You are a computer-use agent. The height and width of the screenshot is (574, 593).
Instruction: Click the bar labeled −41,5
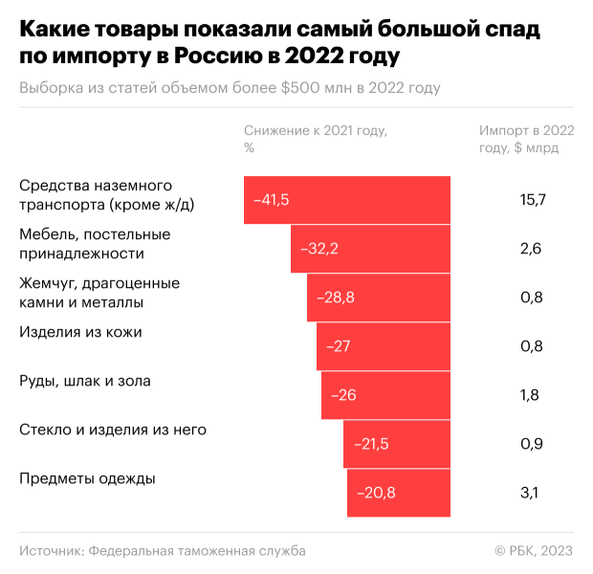[x=346, y=200]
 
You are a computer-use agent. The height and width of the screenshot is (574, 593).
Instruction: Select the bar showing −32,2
[x=370, y=249]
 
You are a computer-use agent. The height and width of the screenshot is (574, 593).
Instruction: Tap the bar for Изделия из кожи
[x=384, y=345]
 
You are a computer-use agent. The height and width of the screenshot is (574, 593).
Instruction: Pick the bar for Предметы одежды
[x=399, y=493]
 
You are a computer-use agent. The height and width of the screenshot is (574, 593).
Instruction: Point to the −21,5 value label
[x=371, y=444]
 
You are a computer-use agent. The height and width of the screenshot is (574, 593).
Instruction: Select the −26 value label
[x=343, y=395]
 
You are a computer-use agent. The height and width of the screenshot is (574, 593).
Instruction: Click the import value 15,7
[x=532, y=200]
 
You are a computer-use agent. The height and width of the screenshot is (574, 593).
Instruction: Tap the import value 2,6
[x=531, y=249]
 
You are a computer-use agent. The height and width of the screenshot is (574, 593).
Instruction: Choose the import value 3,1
[x=530, y=493]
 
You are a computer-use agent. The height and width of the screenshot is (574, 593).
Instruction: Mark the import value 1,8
[x=530, y=395]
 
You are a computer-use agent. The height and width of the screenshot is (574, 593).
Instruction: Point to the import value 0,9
[x=531, y=444]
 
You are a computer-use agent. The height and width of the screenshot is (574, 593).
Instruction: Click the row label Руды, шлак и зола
[x=85, y=381]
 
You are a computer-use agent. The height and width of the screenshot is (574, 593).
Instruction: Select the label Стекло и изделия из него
[x=113, y=430]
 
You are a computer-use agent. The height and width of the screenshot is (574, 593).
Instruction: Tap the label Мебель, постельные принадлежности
[x=95, y=244]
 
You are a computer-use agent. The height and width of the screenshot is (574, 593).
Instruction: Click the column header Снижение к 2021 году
[x=320, y=131]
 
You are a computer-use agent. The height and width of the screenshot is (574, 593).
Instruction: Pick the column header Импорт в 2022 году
[x=526, y=139]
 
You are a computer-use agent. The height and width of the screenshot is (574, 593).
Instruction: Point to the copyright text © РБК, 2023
[x=533, y=550]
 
